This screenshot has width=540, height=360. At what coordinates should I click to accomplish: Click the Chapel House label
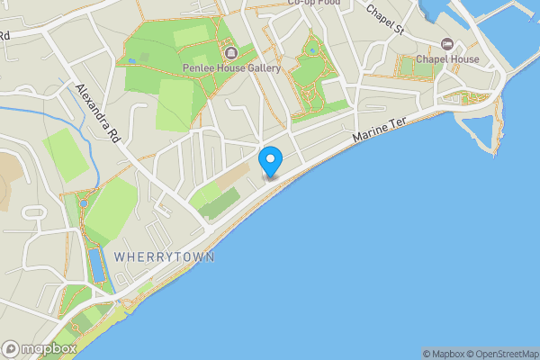pyautogui.click(x=446, y=59)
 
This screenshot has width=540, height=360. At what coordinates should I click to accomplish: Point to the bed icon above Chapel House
pyautogui.click(x=446, y=44)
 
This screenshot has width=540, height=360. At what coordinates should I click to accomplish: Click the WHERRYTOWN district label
pyautogui.click(x=164, y=257)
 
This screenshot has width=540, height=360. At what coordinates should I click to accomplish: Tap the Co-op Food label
pyautogui.click(x=313, y=4)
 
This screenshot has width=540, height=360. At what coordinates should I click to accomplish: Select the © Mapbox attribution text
pyautogui.click(x=443, y=354)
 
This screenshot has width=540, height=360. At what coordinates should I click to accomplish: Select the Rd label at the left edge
pyautogui.click(x=4, y=36)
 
